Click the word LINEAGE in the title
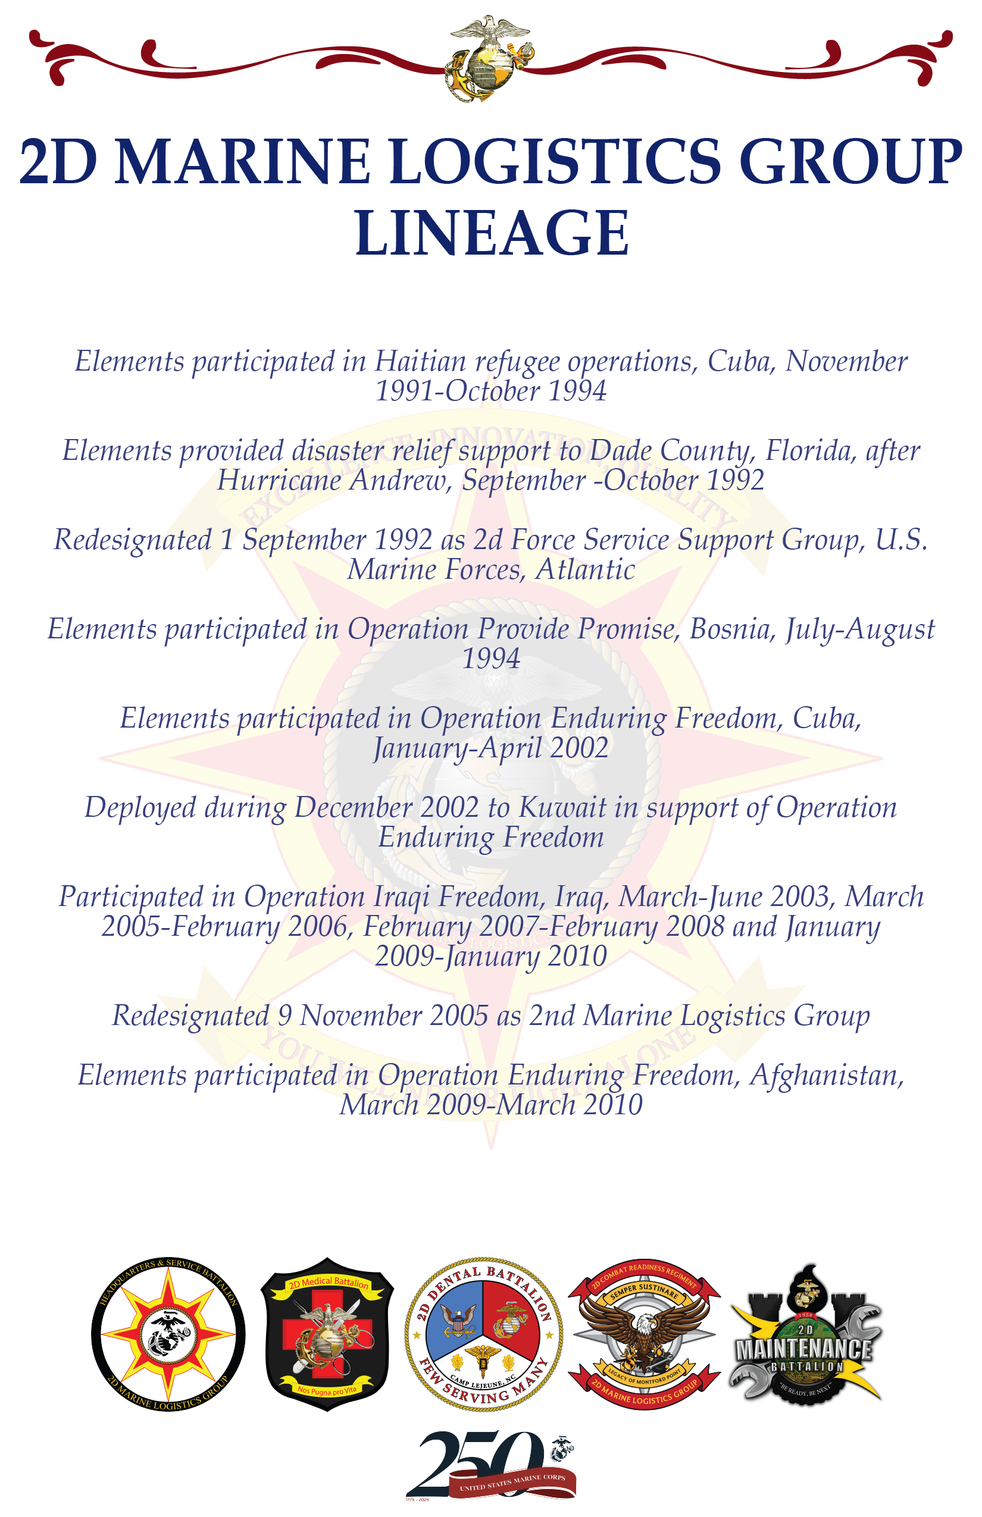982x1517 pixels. (x=492, y=233)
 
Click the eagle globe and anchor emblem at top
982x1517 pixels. (x=490, y=59)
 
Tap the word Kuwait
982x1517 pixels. (x=562, y=808)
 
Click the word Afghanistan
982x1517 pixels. (x=827, y=1076)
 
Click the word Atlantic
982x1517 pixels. (x=586, y=570)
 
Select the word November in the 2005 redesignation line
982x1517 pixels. (x=361, y=1016)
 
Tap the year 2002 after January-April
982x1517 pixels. (x=579, y=748)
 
